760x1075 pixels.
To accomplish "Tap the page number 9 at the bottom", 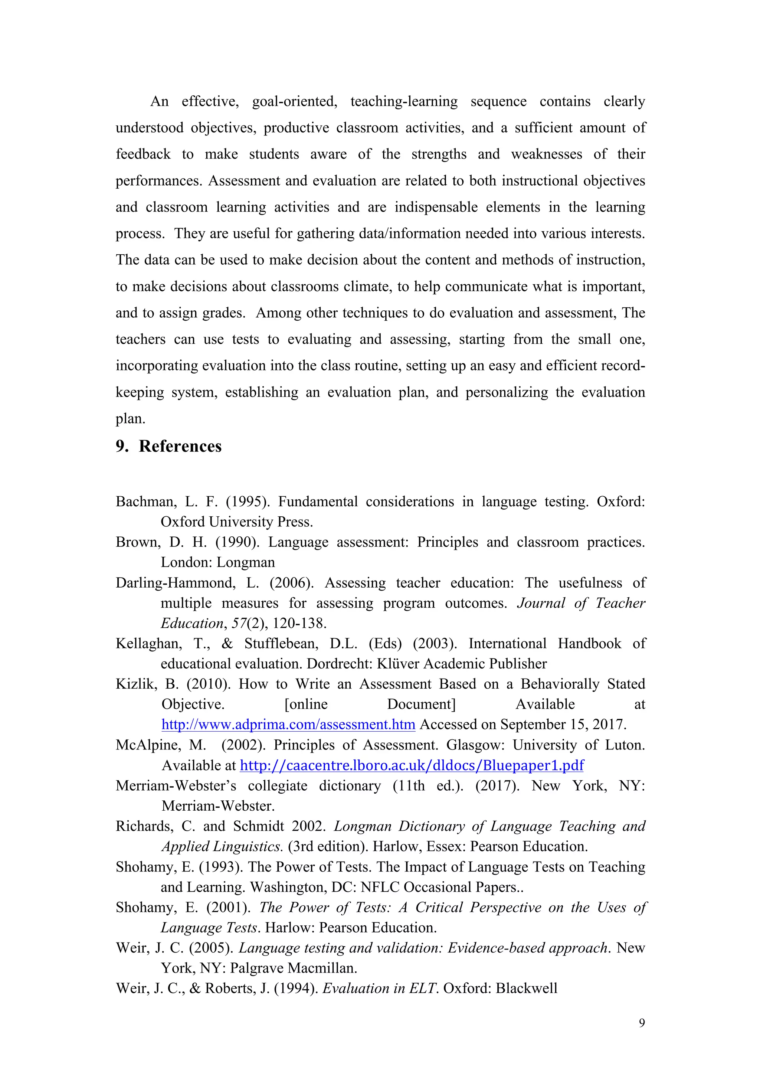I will pyautogui.click(x=642, y=1023).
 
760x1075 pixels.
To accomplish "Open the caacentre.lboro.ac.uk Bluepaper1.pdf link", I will pyautogui.click(x=412, y=765).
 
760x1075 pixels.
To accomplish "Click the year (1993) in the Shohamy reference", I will pyautogui.click(x=221, y=867).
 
